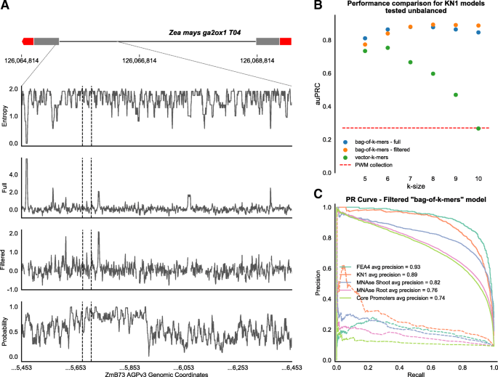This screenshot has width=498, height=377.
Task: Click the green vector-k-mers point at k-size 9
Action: pyautogui.click(x=456, y=94)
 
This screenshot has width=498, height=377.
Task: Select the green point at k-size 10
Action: pyautogui.click(x=477, y=128)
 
